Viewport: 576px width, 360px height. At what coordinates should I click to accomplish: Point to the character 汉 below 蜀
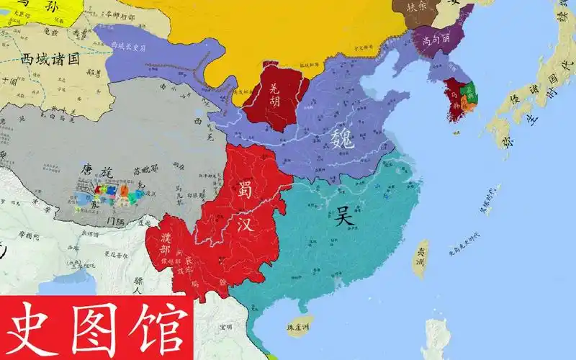tap(247, 223)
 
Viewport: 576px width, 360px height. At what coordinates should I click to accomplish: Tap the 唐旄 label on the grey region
tap(96, 171)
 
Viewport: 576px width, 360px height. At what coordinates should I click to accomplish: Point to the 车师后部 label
tap(108, 14)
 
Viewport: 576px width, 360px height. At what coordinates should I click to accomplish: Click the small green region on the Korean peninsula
tap(470, 91)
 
